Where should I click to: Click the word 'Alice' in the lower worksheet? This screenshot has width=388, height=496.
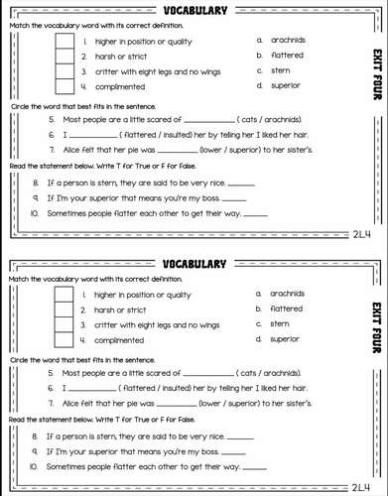(x=71, y=404)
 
